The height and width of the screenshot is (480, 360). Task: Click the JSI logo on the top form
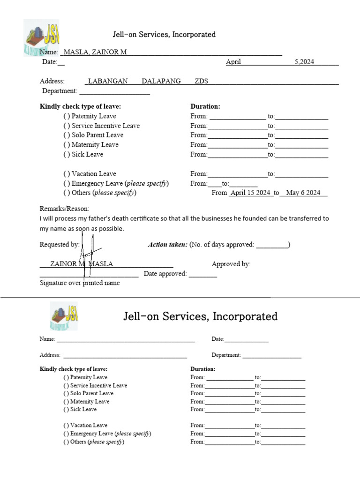click(42, 37)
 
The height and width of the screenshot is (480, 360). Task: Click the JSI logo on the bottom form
click(64, 316)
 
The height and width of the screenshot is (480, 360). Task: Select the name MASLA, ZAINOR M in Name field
click(95, 52)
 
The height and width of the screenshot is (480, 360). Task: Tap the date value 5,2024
click(304, 62)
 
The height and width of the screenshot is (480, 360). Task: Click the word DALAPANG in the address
click(161, 81)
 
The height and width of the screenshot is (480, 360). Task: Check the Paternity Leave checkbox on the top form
click(67, 116)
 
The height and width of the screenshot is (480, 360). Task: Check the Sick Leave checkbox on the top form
click(67, 155)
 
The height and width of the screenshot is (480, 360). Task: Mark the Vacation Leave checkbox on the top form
click(67, 174)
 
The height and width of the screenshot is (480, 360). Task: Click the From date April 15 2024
click(250, 193)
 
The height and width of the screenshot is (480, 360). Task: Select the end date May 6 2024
click(303, 193)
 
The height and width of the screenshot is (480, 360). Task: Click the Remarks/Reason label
click(64, 209)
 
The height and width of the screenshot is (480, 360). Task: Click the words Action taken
click(167, 245)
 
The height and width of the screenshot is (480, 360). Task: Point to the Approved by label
click(231, 264)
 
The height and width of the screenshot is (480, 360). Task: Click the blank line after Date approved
click(203, 275)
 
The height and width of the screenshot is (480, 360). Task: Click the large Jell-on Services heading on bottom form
click(200, 316)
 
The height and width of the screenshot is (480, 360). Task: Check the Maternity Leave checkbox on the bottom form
click(67, 402)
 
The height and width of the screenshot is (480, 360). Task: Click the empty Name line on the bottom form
click(126, 339)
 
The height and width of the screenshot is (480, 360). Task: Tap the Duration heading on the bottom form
click(202, 369)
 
